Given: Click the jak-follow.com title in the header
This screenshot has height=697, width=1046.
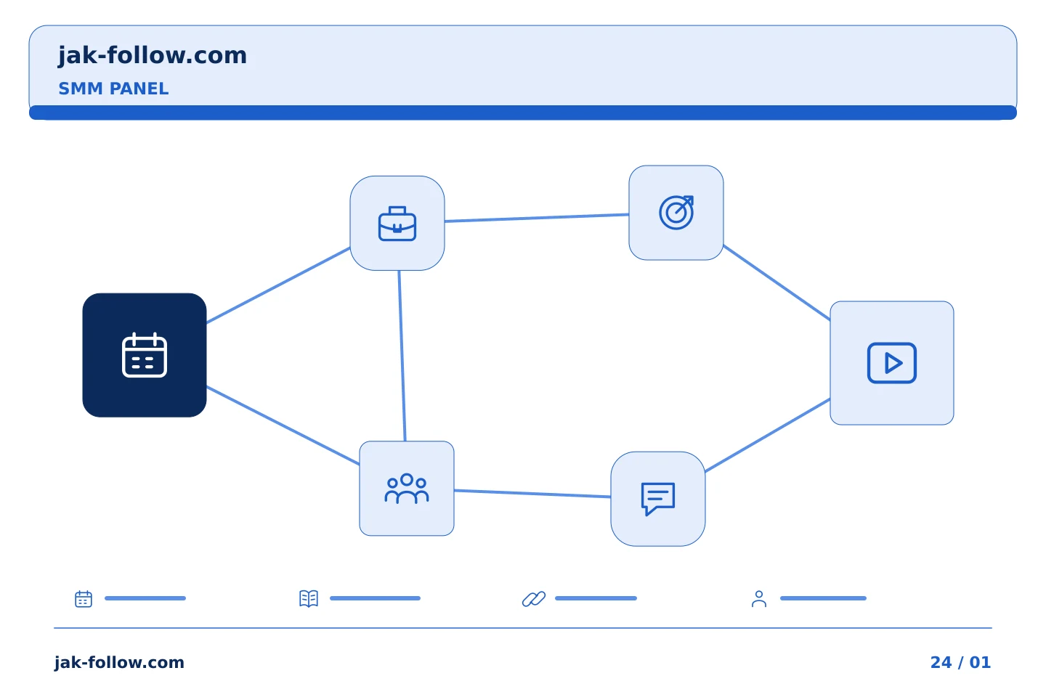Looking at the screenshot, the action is pos(153,56).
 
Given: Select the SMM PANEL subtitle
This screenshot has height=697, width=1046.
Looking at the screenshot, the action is pos(113,89).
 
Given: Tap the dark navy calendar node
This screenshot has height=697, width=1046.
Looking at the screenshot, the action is pos(145,355).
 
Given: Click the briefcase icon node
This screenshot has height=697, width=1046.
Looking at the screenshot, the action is pos(397,223).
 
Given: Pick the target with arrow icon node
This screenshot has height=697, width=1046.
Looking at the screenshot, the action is pos(676,213).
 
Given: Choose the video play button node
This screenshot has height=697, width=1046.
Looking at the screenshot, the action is pos(892,363).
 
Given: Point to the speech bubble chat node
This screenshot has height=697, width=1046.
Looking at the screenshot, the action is pos(658,499).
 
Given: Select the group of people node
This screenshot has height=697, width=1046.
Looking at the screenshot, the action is pos(407,489).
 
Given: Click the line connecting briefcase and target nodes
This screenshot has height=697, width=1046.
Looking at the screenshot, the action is pos(537,218).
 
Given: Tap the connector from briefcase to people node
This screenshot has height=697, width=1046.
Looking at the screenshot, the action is pos(402,356).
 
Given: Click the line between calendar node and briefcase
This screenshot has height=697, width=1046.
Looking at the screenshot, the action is pos(278,285).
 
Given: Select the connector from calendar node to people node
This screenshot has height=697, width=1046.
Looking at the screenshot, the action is pos(283,425).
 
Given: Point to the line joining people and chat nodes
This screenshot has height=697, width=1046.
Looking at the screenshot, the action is pos(532,494).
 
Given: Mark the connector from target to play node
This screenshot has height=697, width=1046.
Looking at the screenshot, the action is pos(777,283).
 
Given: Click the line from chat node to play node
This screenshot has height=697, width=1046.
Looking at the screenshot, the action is pos(768,435).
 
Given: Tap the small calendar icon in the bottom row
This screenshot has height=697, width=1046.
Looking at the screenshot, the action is pos(84,598).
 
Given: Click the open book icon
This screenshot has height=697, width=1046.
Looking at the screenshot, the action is pos(309,598).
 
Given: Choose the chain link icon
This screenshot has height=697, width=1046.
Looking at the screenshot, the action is pos(534,598).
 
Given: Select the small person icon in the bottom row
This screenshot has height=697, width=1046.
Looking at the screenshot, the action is pos(759,598).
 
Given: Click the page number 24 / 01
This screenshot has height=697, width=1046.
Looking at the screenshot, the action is pos(960,662).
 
